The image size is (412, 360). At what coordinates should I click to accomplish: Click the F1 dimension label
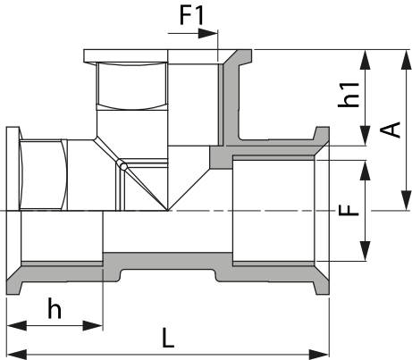(x=191, y=15)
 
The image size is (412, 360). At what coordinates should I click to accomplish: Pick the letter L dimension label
(x=168, y=338)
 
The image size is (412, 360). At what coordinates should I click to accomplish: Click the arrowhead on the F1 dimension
(x=208, y=33)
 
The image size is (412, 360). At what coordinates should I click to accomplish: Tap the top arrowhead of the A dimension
(x=406, y=60)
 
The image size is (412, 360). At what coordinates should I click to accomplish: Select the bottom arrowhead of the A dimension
(x=406, y=200)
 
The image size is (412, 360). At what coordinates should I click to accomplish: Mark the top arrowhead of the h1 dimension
(x=366, y=60)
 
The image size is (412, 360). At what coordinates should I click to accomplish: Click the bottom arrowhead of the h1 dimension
(x=366, y=136)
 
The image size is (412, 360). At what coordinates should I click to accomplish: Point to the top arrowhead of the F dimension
(x=366, y=171)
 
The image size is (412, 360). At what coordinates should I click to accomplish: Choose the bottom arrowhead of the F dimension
(x=366, y=251)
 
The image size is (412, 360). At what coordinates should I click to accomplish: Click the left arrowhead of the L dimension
(x=17, y=355)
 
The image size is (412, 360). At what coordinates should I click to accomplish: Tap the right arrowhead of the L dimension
(x=319, y=355)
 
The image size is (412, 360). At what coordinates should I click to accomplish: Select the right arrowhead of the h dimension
(x=93, y=326)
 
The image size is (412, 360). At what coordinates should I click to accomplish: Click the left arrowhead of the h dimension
(x=17, y=326)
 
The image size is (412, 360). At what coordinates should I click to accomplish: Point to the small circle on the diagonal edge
(x=122, y=164)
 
